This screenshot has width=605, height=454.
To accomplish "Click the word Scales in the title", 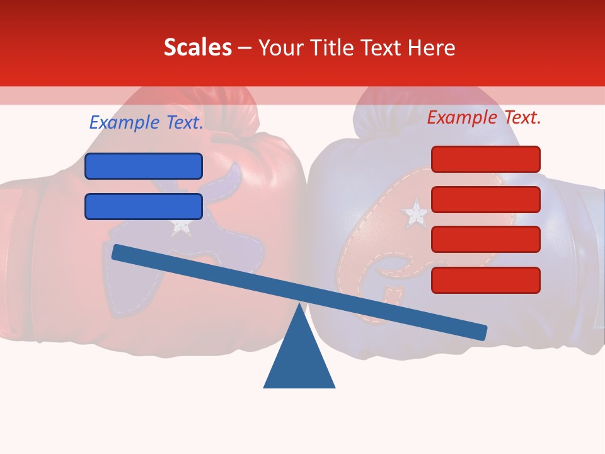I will pos(197,48).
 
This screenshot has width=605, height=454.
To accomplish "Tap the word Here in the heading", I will pos(430,48).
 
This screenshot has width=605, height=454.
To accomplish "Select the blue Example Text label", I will pos(146,122).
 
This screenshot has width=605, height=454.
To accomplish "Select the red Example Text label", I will pos(484,117).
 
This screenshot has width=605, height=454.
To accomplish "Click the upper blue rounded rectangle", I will pos(144,166).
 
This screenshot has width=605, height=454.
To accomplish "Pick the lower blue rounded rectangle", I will pos(144,206).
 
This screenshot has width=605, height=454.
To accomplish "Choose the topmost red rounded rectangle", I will pos(485,159).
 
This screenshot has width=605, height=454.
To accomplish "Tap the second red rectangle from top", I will pos(485,199).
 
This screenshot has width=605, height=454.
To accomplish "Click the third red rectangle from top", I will pos(485,240).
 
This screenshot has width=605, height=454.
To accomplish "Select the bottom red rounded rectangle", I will pos(485,280).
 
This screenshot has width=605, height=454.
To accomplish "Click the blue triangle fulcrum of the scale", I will pos(299,356).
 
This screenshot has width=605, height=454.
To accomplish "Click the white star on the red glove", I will pos(181,226).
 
